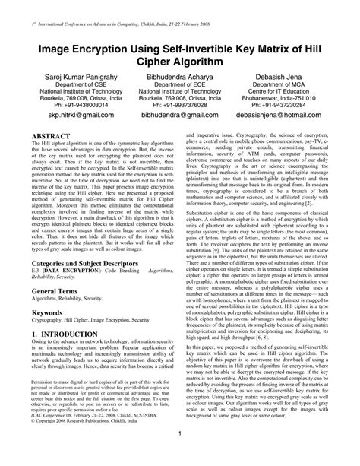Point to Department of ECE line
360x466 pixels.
[x=181, y=86]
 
